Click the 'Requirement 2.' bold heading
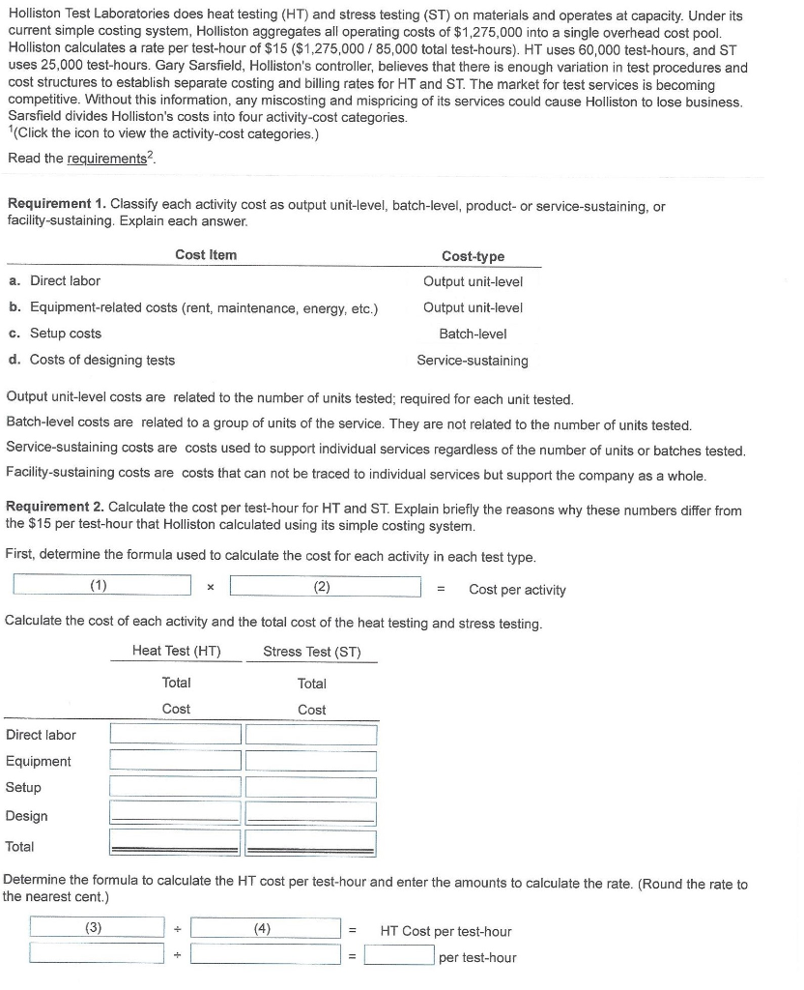(x=56, y=509)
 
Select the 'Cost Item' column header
(x=206, y=255)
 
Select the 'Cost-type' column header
(x=473, y=256)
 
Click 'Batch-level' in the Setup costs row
(x=473, y=334)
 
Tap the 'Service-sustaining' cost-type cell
(x=473, y=361)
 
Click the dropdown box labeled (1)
(x=101, y=586)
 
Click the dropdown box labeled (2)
(x=324, y=586)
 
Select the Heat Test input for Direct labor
(x=175, y=735)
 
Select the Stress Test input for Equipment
(x=310, y=761)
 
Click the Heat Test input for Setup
(x=175, y=787)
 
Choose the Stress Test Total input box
(x=310, y=845)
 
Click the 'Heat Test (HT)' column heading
(x=176, y=652)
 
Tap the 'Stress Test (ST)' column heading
(x=311, y=652)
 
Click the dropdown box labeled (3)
(x=97, y=928)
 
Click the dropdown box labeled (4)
(x=265, y=928)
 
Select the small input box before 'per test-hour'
(x=398, y=956)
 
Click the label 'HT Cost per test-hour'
(x=445, y=931)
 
